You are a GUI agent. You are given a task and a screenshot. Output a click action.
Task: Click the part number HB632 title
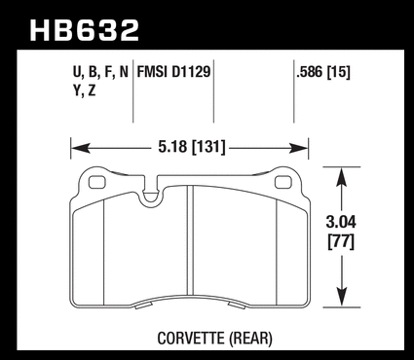click(85, 30)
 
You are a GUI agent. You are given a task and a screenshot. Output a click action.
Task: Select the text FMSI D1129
click(173, 72)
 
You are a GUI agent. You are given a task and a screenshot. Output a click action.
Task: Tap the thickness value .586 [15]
click(323, 72)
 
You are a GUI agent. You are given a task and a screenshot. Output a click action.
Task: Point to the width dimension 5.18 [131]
click(192, 148)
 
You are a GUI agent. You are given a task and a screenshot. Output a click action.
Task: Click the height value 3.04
click(341, 223)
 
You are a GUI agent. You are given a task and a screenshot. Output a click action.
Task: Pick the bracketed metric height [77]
click(341, 241)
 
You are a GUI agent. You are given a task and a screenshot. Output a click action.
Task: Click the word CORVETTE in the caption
click(191, 339)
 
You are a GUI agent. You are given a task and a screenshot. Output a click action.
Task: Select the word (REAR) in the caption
click(250, 339)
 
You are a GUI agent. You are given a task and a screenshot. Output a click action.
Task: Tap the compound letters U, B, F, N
click(100, 72)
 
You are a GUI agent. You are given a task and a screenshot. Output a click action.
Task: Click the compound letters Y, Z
click(85, 91)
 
